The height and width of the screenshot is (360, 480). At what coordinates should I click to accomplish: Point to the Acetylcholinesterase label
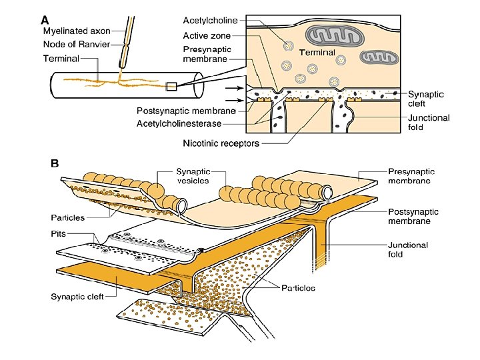point(179,123)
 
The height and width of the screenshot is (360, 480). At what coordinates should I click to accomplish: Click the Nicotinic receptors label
point(221,143)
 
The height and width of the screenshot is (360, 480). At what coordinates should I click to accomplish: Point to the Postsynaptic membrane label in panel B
point(413,216)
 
